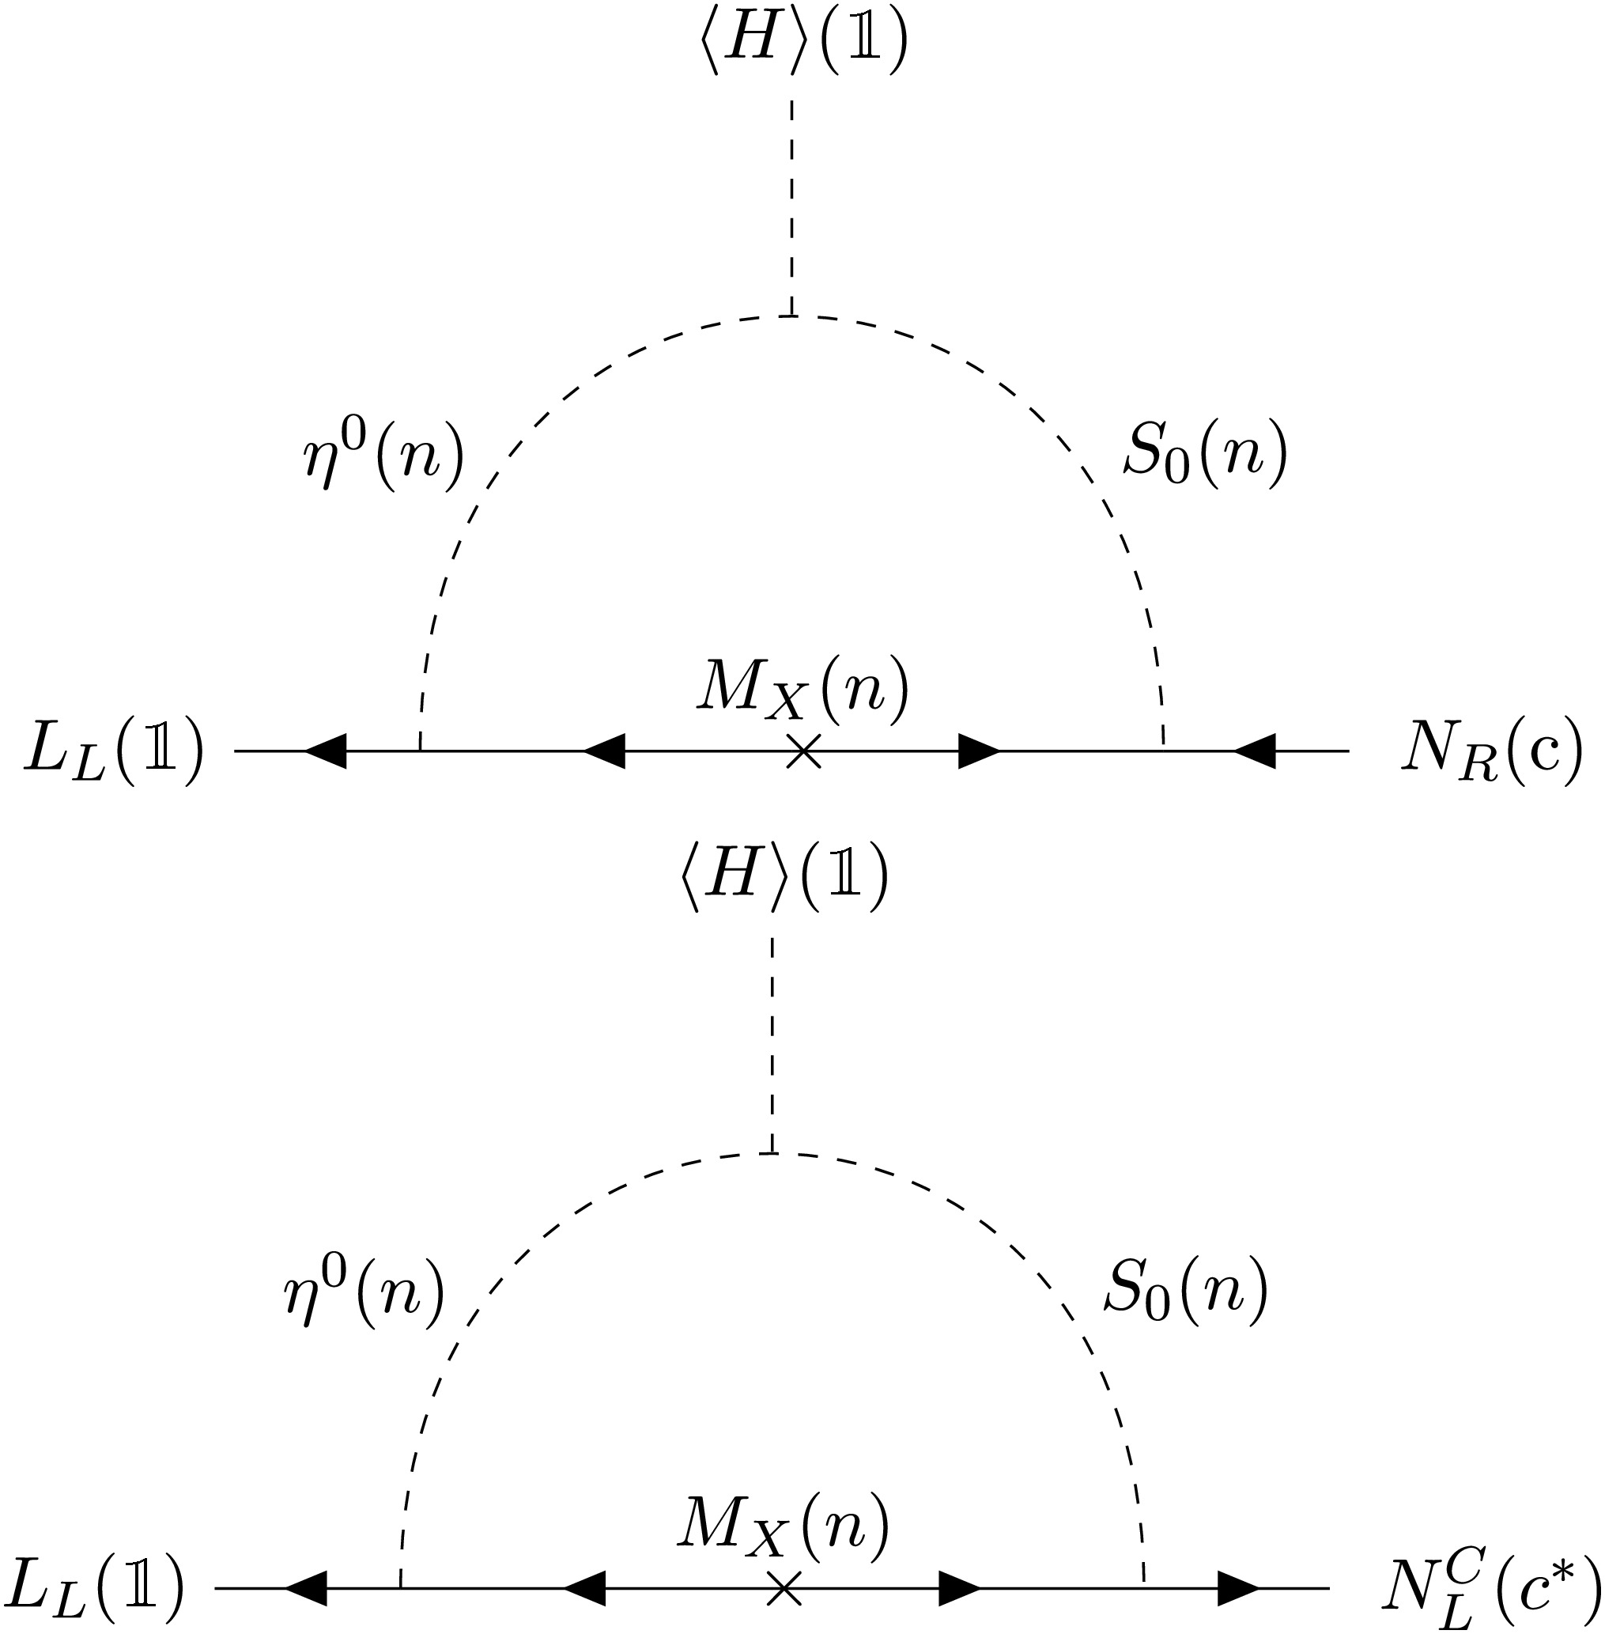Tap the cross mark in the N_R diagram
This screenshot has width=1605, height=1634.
click(803, 751)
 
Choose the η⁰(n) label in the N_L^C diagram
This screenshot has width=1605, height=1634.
click(364, 1290)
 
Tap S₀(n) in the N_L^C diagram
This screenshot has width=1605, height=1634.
click(1186, 1289)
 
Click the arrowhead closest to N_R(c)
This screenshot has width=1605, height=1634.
click(1254, 751)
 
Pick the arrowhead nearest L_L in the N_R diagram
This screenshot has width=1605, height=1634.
click(326, 751)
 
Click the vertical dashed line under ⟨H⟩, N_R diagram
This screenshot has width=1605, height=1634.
click(791, 207)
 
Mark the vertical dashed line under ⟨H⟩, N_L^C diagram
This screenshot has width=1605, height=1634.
click(772, 1044)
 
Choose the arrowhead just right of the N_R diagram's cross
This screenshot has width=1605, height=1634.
click(979, 751)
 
